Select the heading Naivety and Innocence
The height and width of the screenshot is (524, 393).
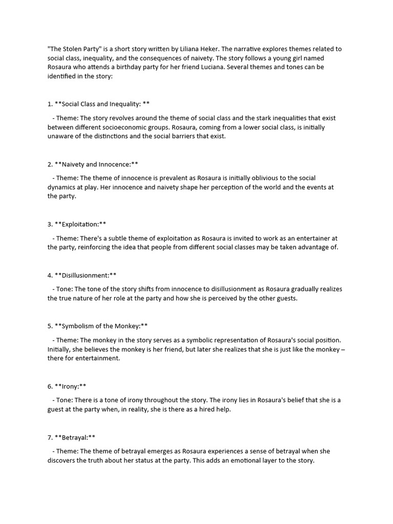click(x=96, y=164)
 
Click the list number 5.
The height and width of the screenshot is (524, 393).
click(x=50, y=326)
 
